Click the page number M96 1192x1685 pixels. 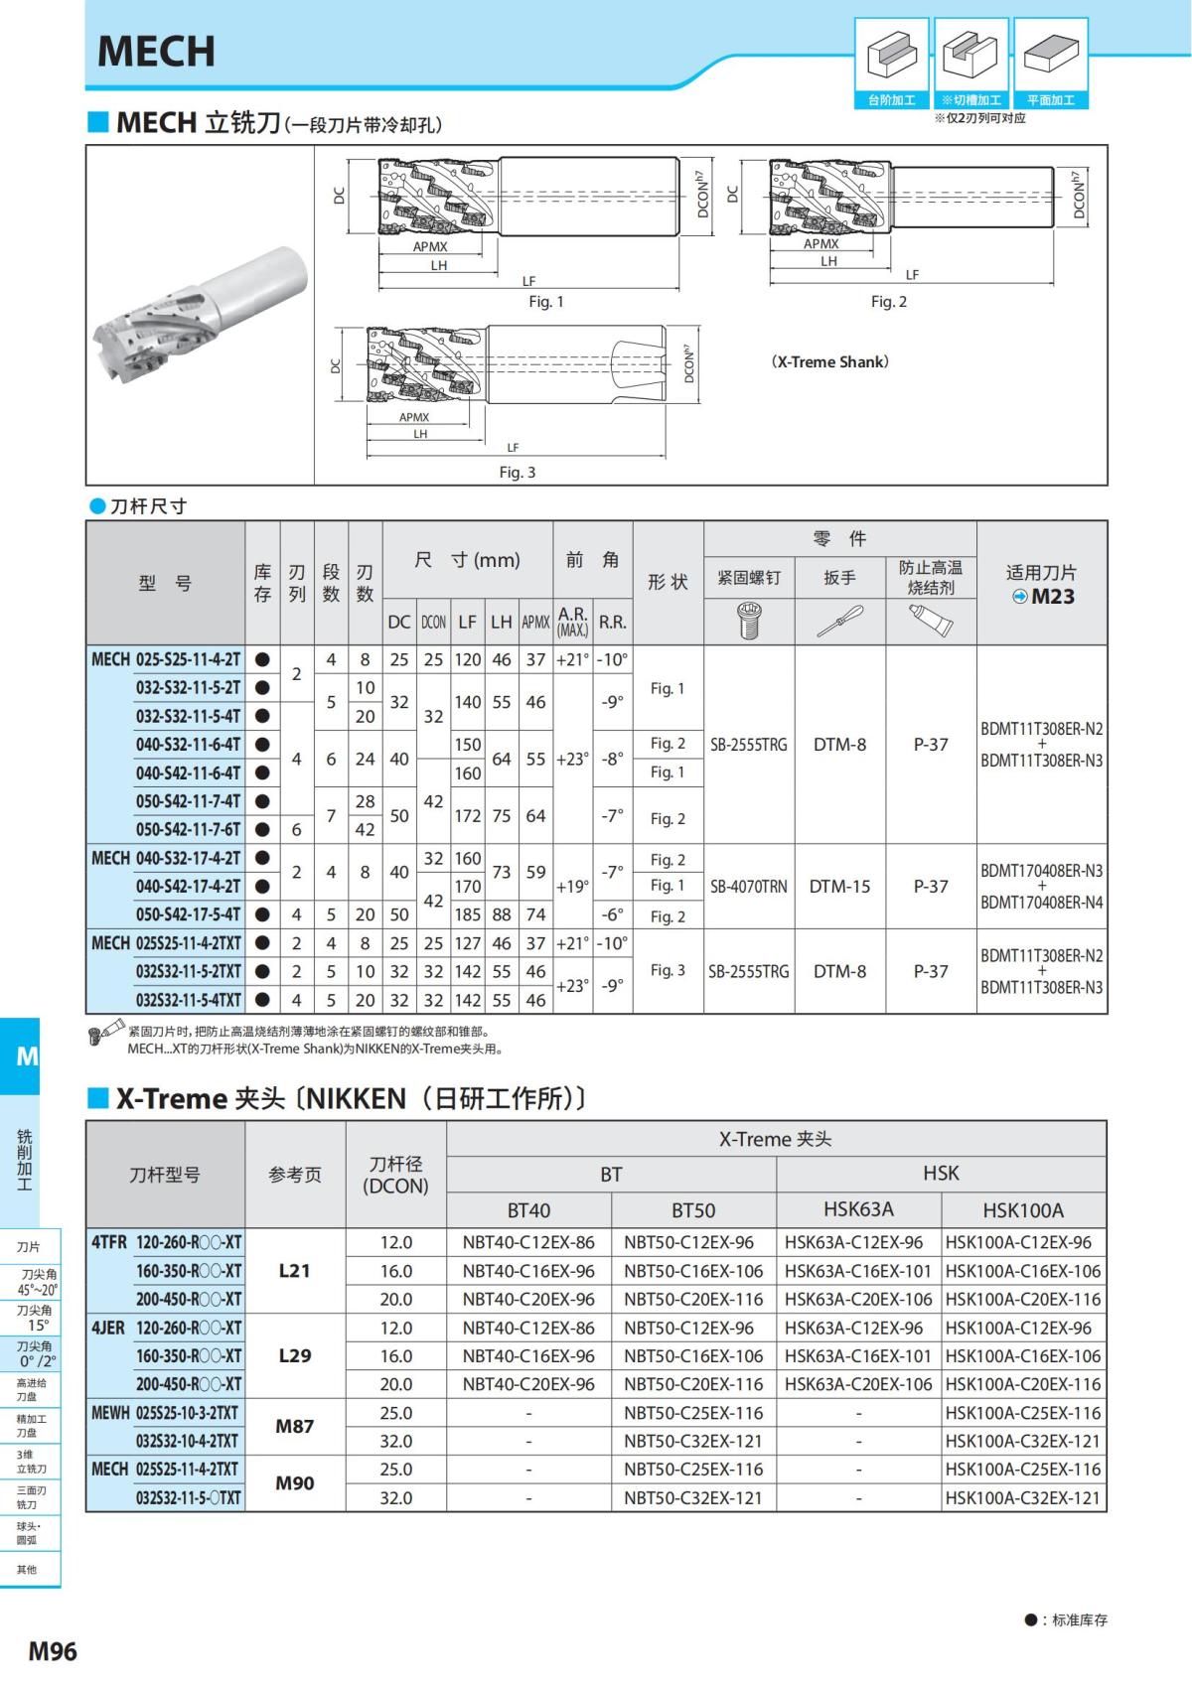[53, 1650]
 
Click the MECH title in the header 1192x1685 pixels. [156, 52]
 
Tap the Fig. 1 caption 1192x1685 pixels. [545, 302]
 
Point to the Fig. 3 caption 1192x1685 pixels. [517, 473]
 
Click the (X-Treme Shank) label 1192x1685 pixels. [829, 362]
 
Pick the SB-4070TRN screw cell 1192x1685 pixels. [749, 887]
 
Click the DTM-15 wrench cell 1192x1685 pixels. [839, 887]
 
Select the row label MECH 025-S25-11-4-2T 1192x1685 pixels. [166, 659]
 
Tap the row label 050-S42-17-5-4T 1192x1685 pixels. [188, 914]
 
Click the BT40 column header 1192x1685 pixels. [528, 1210]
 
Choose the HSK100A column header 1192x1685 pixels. [1023, 1210]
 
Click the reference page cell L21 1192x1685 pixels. [295, 1270]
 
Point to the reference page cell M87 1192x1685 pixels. [295, 1427]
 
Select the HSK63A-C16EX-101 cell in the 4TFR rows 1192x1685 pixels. [858, 1271]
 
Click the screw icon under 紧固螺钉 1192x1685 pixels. [749, 622]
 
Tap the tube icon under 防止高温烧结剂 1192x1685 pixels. [931, 622]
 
